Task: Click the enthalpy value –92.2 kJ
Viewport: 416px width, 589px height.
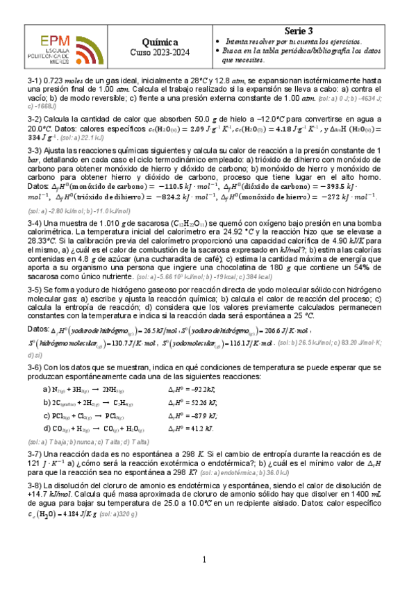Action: click(192, 389)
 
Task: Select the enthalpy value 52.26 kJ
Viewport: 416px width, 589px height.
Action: click(192, 402)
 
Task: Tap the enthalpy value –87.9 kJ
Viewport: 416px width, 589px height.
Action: click(192, 415)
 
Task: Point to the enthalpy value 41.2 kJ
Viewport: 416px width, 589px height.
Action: click(191, 429)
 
